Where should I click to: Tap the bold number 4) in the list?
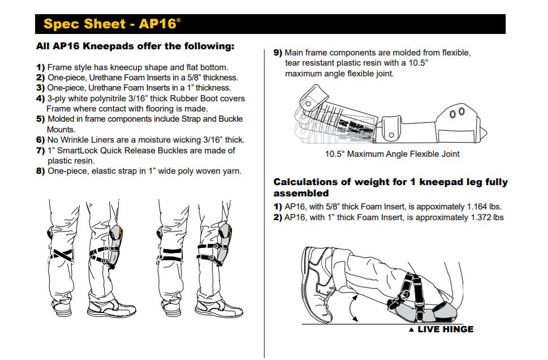(x=40, y=98)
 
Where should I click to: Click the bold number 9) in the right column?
(x=278, y=53)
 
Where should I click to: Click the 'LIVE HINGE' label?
(x=445, y=329)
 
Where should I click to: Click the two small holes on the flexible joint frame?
(x=456, y=113)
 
